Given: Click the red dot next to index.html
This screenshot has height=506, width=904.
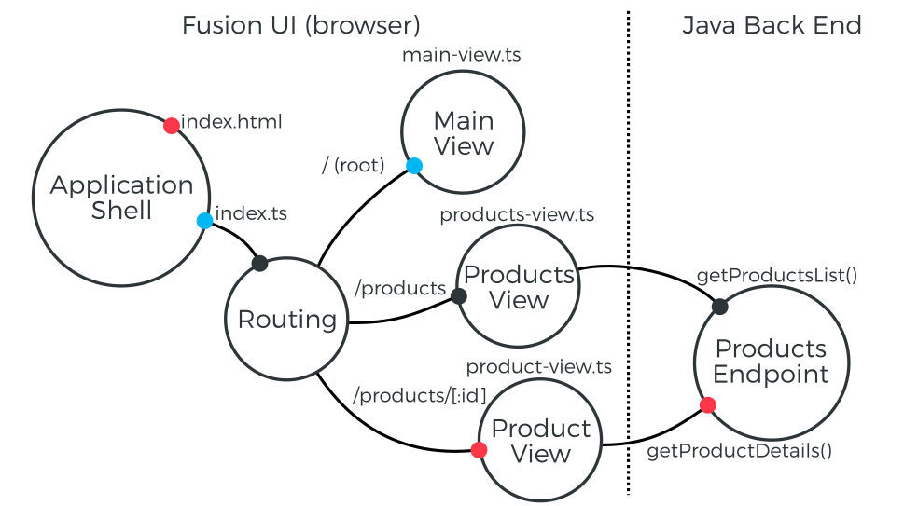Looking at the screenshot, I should coord(172,125).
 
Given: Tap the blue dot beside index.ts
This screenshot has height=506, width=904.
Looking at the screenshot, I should coord(204,221).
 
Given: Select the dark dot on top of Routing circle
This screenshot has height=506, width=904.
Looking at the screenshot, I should coord(260,264).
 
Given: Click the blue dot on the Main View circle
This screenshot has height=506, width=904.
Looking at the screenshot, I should coord(414,166).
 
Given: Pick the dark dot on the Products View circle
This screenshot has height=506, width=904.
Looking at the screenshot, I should coord(459,296).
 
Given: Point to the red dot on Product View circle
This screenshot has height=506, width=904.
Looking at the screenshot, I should coord(479,450).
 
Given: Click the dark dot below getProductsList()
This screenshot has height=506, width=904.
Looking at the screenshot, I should coord(719,306).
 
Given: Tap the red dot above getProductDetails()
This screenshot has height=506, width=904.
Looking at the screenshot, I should coord(707,405).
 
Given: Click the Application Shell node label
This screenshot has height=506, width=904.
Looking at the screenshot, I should coord(121,198).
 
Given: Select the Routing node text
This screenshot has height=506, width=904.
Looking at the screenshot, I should coord(286,320).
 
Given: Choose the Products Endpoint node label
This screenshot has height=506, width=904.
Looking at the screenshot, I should coord(771,362).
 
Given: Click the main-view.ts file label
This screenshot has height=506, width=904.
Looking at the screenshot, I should coord(461,55).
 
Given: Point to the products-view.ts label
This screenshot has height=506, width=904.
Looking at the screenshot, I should coord(517,215).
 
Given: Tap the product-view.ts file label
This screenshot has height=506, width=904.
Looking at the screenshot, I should coord(538,367).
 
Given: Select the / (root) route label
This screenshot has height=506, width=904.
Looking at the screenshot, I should coord(353,166).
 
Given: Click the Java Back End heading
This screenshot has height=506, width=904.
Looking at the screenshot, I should coord(772,25).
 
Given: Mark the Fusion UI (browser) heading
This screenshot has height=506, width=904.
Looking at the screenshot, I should coord(300,25).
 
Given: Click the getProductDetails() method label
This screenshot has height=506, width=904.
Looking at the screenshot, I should coord(739,451).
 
